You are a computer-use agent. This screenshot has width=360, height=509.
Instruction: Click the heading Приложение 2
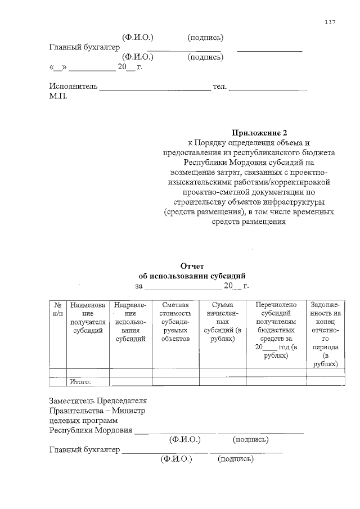tap(259, 133)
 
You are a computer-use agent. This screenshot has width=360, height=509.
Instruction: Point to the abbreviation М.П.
tap(58, 97)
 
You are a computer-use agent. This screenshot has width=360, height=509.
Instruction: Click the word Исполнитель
tap(74, 87)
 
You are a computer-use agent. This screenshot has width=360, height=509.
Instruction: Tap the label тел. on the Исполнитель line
tap(219, 87)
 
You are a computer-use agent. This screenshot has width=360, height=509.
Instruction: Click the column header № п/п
tap(57, 309)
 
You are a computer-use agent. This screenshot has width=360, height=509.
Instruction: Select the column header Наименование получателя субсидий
tap(87, 318)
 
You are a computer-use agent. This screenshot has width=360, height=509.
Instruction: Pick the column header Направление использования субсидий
tap(130, 322)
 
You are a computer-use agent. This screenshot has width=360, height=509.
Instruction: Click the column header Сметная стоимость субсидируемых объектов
tap(175, 322)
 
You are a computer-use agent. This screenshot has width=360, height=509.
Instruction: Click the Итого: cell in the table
tap(80, 382)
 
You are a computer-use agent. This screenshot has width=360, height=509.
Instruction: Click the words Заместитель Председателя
tap(98, 401)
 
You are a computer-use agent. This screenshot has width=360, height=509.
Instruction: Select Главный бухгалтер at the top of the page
tap(84, 47)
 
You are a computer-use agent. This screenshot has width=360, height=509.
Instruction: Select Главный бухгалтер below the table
tap(84, 449)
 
